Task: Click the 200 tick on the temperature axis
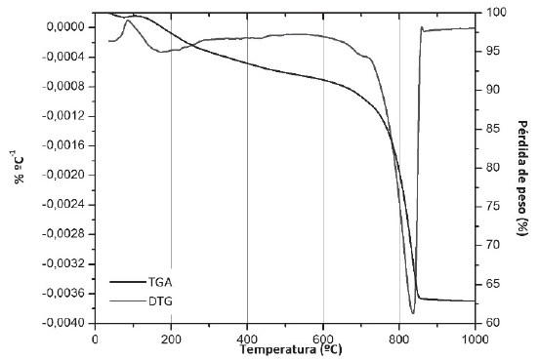point(171,338)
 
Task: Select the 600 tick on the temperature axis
point(323,338)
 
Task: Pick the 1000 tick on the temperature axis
point(476,338)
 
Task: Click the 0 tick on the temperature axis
point(95,338)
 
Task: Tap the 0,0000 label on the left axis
point(64,27)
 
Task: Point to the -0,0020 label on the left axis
point(64,175)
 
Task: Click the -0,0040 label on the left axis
point(64,323)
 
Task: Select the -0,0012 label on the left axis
point(64,116)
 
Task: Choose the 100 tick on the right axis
point(495,13)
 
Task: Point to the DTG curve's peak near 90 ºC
point(128,20)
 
